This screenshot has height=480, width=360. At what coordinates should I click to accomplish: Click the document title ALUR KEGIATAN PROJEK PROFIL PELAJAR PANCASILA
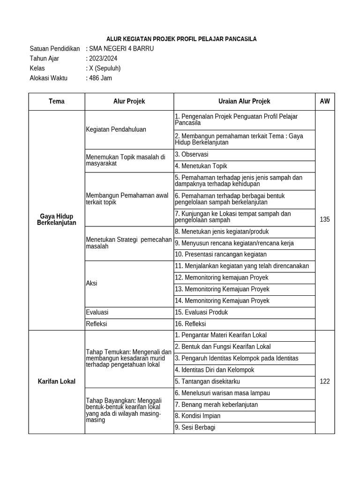point(180,39)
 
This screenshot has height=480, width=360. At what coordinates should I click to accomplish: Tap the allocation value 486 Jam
point(100,78)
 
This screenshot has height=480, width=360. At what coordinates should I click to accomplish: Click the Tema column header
point(56,101)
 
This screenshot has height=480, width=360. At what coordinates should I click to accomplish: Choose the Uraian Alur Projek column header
point(244,101)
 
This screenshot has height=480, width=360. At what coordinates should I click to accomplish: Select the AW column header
point(324,101)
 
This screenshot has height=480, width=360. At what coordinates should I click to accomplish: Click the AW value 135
point(324,219)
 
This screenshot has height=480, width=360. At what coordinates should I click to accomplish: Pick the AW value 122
point(324,382)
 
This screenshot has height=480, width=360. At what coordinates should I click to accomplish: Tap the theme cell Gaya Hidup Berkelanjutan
point(56,219)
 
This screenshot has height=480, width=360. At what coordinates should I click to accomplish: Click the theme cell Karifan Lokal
point(56,382)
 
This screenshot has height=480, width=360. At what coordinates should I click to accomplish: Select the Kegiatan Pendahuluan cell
point(116,129)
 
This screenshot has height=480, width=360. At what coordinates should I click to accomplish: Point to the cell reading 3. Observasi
point(192,154)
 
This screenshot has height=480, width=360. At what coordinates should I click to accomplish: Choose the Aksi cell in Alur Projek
point(92,284)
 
